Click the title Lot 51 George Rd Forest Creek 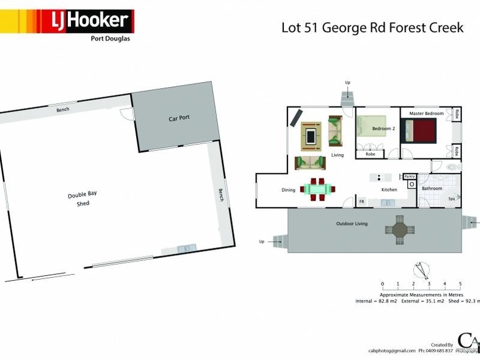tap(373, 28)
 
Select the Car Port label tap(179, 118)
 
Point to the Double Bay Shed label tap(82, 199)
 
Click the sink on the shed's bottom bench tap(184, 248)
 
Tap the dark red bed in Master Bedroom tap(419, 130)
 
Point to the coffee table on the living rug tap(311, 136)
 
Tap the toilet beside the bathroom tap(453, 166)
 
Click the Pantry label tap(410, 176)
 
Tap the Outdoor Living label tap(352, 224)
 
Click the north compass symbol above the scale tap(422, 271)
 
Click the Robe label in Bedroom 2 tap(370, 154)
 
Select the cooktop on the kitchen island tap(380, 177)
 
